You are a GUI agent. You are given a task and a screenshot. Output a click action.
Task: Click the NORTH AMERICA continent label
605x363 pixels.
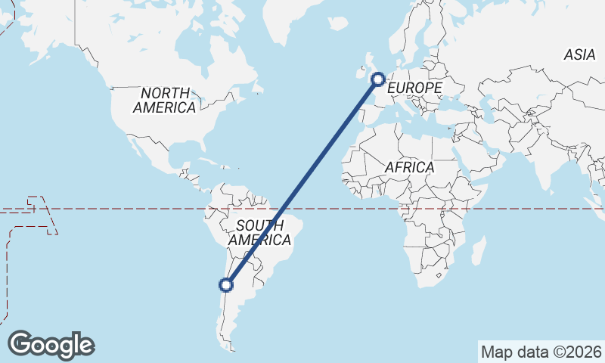point(164,99)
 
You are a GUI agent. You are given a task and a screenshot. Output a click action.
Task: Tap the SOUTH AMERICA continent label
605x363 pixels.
point(260,233)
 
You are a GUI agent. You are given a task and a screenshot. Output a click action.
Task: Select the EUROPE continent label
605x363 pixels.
point(414,88)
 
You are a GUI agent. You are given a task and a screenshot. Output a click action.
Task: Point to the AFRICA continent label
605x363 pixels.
point(409,166)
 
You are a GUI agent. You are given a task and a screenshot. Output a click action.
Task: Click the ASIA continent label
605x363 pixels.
point(580,54)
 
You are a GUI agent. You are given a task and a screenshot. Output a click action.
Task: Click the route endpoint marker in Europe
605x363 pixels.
point(378,78)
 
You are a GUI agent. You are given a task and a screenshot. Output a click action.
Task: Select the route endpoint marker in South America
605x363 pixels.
point(225,285)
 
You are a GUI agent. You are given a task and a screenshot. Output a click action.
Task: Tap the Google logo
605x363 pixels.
point(51,344)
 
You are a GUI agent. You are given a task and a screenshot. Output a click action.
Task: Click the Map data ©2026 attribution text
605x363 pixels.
point(541,352)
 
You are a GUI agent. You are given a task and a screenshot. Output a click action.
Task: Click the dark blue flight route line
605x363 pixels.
point(302,181)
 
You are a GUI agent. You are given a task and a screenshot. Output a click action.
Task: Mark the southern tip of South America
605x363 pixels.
point(230,349)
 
